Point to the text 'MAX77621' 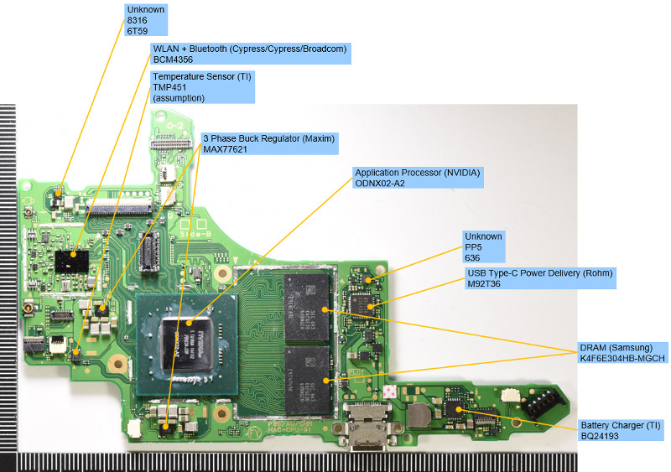pyautogui.click(x=226, y=149)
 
